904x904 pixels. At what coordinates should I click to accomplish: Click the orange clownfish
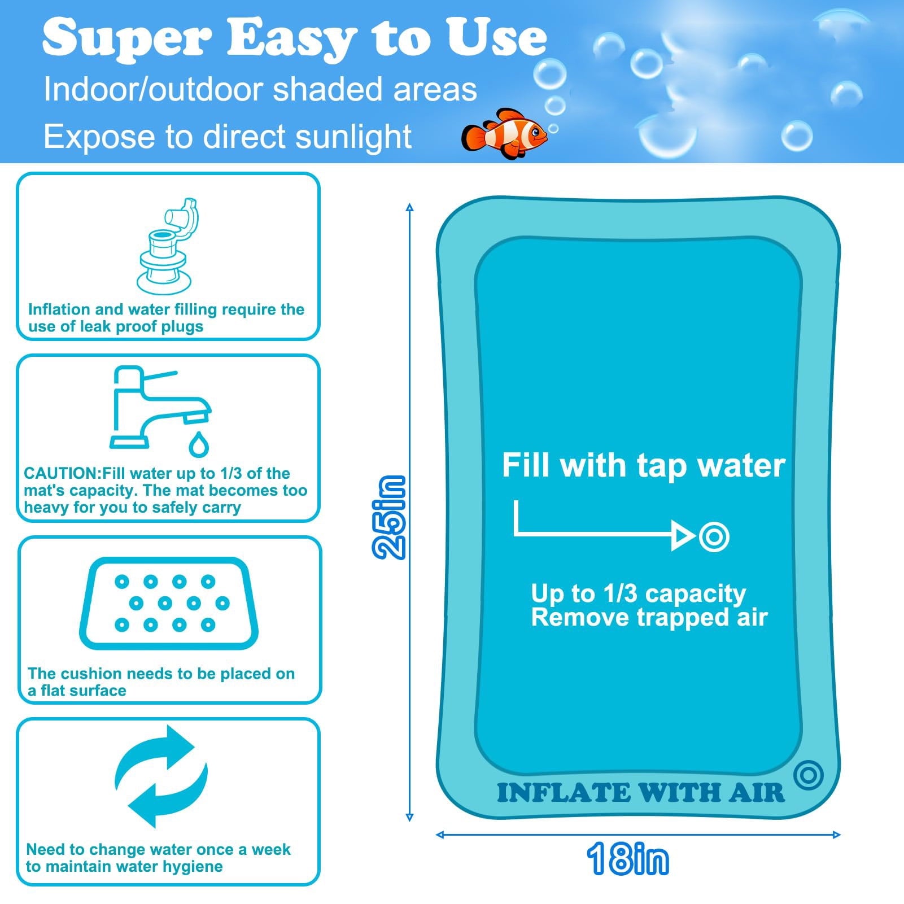point(504,134)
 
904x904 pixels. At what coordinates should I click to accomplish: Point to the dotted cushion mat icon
point(168,603)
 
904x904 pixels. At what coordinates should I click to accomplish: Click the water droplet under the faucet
point(198,445)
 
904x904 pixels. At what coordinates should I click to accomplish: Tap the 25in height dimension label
point(390,517)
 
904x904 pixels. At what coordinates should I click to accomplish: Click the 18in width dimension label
point(627,859)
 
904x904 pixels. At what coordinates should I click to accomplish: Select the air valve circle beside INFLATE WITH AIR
point(808,775)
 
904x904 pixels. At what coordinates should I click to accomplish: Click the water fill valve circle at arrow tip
point(714,536)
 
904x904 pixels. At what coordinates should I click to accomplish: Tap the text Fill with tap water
point(643,465)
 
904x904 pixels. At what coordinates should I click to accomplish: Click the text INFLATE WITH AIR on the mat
point(640,793)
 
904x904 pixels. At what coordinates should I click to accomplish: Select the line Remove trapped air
point(649,618)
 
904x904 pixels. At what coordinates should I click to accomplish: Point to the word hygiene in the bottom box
point(191,866)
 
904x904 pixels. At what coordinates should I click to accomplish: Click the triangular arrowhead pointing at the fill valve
point(682,535)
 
